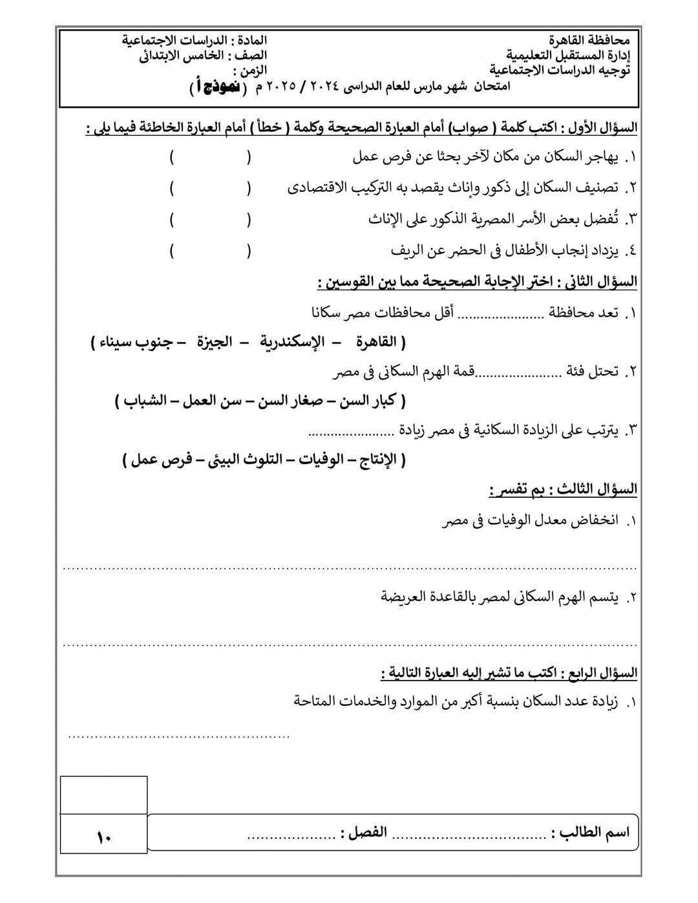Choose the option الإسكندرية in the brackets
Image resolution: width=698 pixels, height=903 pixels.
click(x=291, y=342)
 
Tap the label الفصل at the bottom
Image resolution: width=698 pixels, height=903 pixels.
click(x=365, y=832)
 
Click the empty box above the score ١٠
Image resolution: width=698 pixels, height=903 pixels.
click(x=103, y=794)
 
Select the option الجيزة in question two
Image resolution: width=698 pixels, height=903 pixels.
click(x=215, y=342)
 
